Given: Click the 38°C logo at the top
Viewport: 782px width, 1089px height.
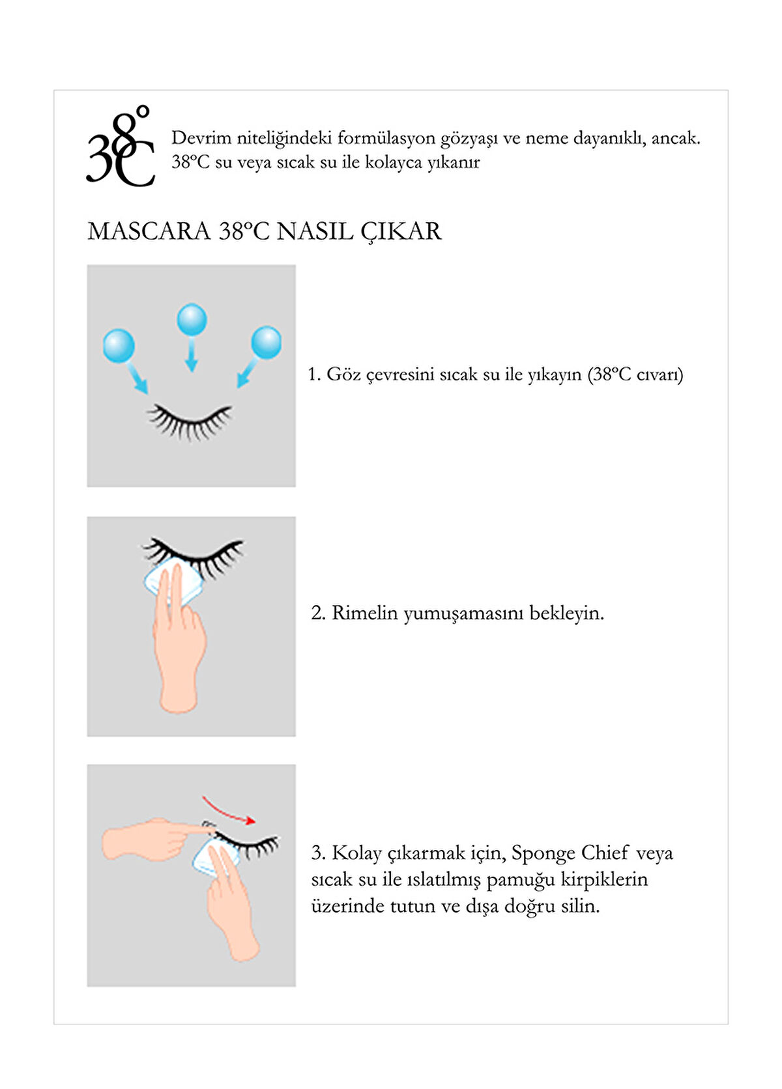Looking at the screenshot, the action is tap(120, 146).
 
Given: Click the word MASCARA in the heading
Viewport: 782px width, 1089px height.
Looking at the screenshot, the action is tap(149, 231).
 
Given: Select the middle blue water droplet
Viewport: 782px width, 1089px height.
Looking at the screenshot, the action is tap(192, 319).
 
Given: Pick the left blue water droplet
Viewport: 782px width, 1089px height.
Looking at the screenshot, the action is tap(119, 345).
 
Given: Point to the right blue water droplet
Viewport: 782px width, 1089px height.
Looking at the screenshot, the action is tap(266, 343).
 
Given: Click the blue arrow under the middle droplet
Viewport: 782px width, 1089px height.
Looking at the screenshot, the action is tap(192, 356).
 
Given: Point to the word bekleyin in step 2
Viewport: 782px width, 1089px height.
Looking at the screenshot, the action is tap(566, 614).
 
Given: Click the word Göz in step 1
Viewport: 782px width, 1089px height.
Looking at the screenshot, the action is tap(342, 375).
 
